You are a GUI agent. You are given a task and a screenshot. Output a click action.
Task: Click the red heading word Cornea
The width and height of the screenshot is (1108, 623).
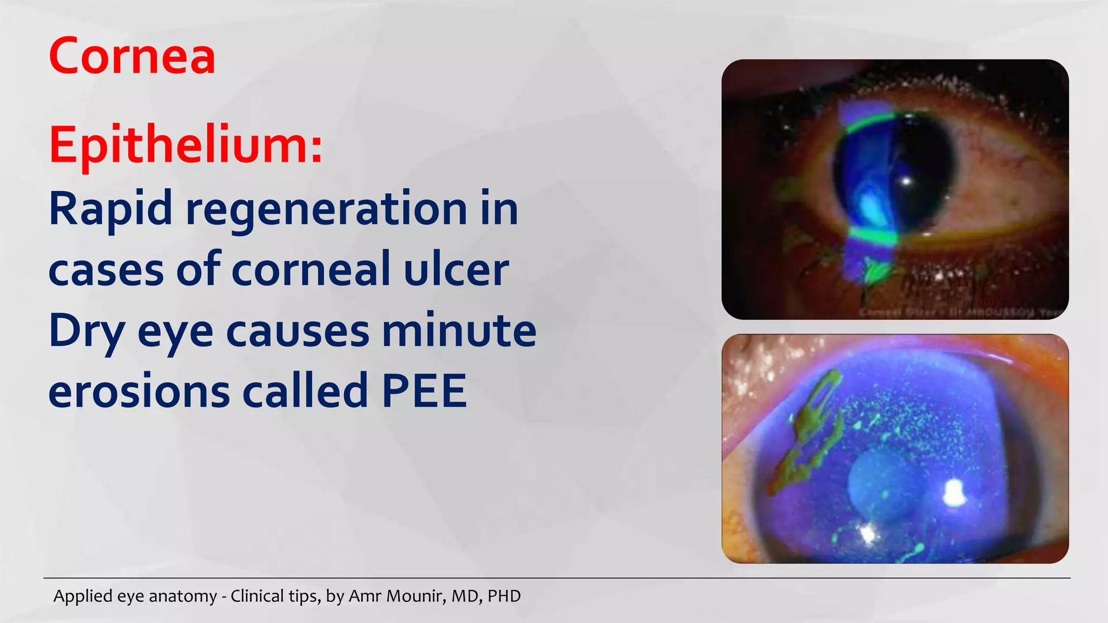click(132, 56)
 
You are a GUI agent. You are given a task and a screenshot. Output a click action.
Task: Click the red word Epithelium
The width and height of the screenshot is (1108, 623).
click(186, 144)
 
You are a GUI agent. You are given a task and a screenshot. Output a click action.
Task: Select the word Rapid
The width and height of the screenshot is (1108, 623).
click(110, 209)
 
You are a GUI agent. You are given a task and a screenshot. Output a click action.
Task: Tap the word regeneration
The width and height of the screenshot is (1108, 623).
click(326, 209)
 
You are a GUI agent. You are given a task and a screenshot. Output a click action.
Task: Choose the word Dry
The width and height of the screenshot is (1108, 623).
click(87, 331)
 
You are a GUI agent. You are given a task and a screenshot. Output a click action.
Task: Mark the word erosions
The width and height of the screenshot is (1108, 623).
click(139, 391)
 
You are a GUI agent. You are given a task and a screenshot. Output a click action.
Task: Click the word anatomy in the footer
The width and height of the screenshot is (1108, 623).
click(182, 596)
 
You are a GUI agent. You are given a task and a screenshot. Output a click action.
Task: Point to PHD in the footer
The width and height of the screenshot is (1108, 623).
click(504, 596)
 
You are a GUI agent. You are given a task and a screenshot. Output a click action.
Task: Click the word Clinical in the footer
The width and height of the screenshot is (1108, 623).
click(258, 596)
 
